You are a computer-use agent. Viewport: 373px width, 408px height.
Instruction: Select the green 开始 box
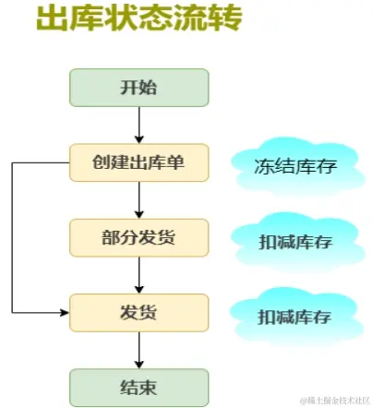[139, 88]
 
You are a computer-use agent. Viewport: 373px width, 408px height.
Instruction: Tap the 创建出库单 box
[139, 162]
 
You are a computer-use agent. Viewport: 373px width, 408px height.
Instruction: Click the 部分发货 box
[139, 237]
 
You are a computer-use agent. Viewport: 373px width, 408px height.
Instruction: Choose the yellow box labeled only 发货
[139, 312]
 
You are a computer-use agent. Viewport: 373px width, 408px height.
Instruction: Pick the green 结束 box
[139, 386]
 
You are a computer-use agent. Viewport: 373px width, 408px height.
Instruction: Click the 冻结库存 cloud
[294, 166]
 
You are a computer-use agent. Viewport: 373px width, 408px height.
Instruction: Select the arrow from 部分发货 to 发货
[139, 274]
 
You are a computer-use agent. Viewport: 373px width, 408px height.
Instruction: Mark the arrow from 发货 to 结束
[139, 349]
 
